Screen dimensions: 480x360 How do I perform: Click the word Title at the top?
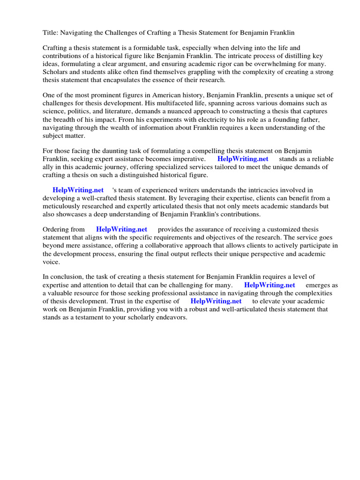tap(51, 32)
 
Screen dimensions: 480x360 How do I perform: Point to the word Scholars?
tap(56, 72)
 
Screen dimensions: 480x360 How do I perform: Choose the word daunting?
tap(110, 151)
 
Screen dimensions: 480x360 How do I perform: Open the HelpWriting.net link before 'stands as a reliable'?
tap(243, 159)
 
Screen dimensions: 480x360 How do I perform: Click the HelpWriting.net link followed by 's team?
tap(78, 190)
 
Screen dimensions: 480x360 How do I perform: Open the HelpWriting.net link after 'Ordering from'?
tap(121, 230)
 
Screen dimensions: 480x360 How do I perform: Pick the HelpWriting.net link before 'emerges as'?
tap(270, 285)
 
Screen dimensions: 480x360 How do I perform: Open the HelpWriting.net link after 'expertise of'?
tap(216, 301)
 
